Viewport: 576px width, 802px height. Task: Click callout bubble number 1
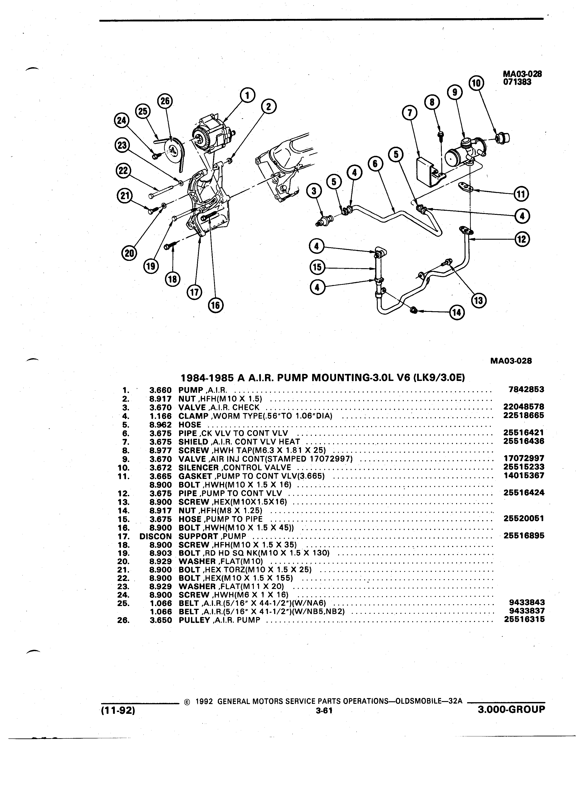tap(247, 95)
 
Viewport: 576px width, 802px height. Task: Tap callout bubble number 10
tap(476, 83)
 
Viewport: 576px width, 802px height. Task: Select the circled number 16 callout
tap(215, 305)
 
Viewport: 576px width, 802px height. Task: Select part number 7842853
tap(526, 390)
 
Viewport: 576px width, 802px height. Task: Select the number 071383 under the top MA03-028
tap(517, 82)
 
